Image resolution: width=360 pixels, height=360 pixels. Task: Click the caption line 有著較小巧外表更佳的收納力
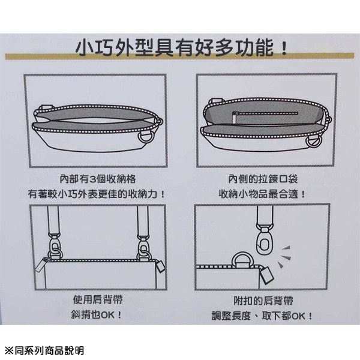pos(95,194)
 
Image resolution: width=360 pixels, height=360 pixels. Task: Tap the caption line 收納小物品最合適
pos(263,194)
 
